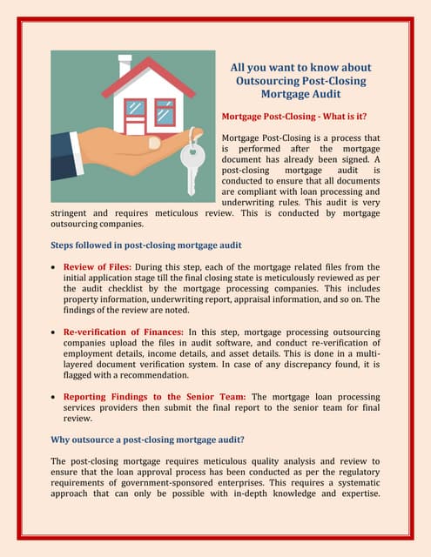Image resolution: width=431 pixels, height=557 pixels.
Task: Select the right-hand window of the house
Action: pyautogui.click(x=164, y=111)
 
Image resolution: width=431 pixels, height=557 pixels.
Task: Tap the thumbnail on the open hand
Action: pyautogui.click(x=154, y=142)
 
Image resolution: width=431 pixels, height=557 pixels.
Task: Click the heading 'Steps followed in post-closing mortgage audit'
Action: pyautogui.click(x=146, y=245)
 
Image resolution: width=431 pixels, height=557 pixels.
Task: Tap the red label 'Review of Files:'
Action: pyautogui.click(x=98, y=266)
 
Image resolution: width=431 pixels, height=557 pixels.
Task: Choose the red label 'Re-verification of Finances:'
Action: pyautogui.click(x=123, y=332)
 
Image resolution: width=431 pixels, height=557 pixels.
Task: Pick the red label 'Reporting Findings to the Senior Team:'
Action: pyautogui.click(x=155, y=397)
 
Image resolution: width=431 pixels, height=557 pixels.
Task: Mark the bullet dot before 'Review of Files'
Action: pyautogui.click(x=55, y=267)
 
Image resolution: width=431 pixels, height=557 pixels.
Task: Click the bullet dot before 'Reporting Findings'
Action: pyautogui.click(x=55, y=398)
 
